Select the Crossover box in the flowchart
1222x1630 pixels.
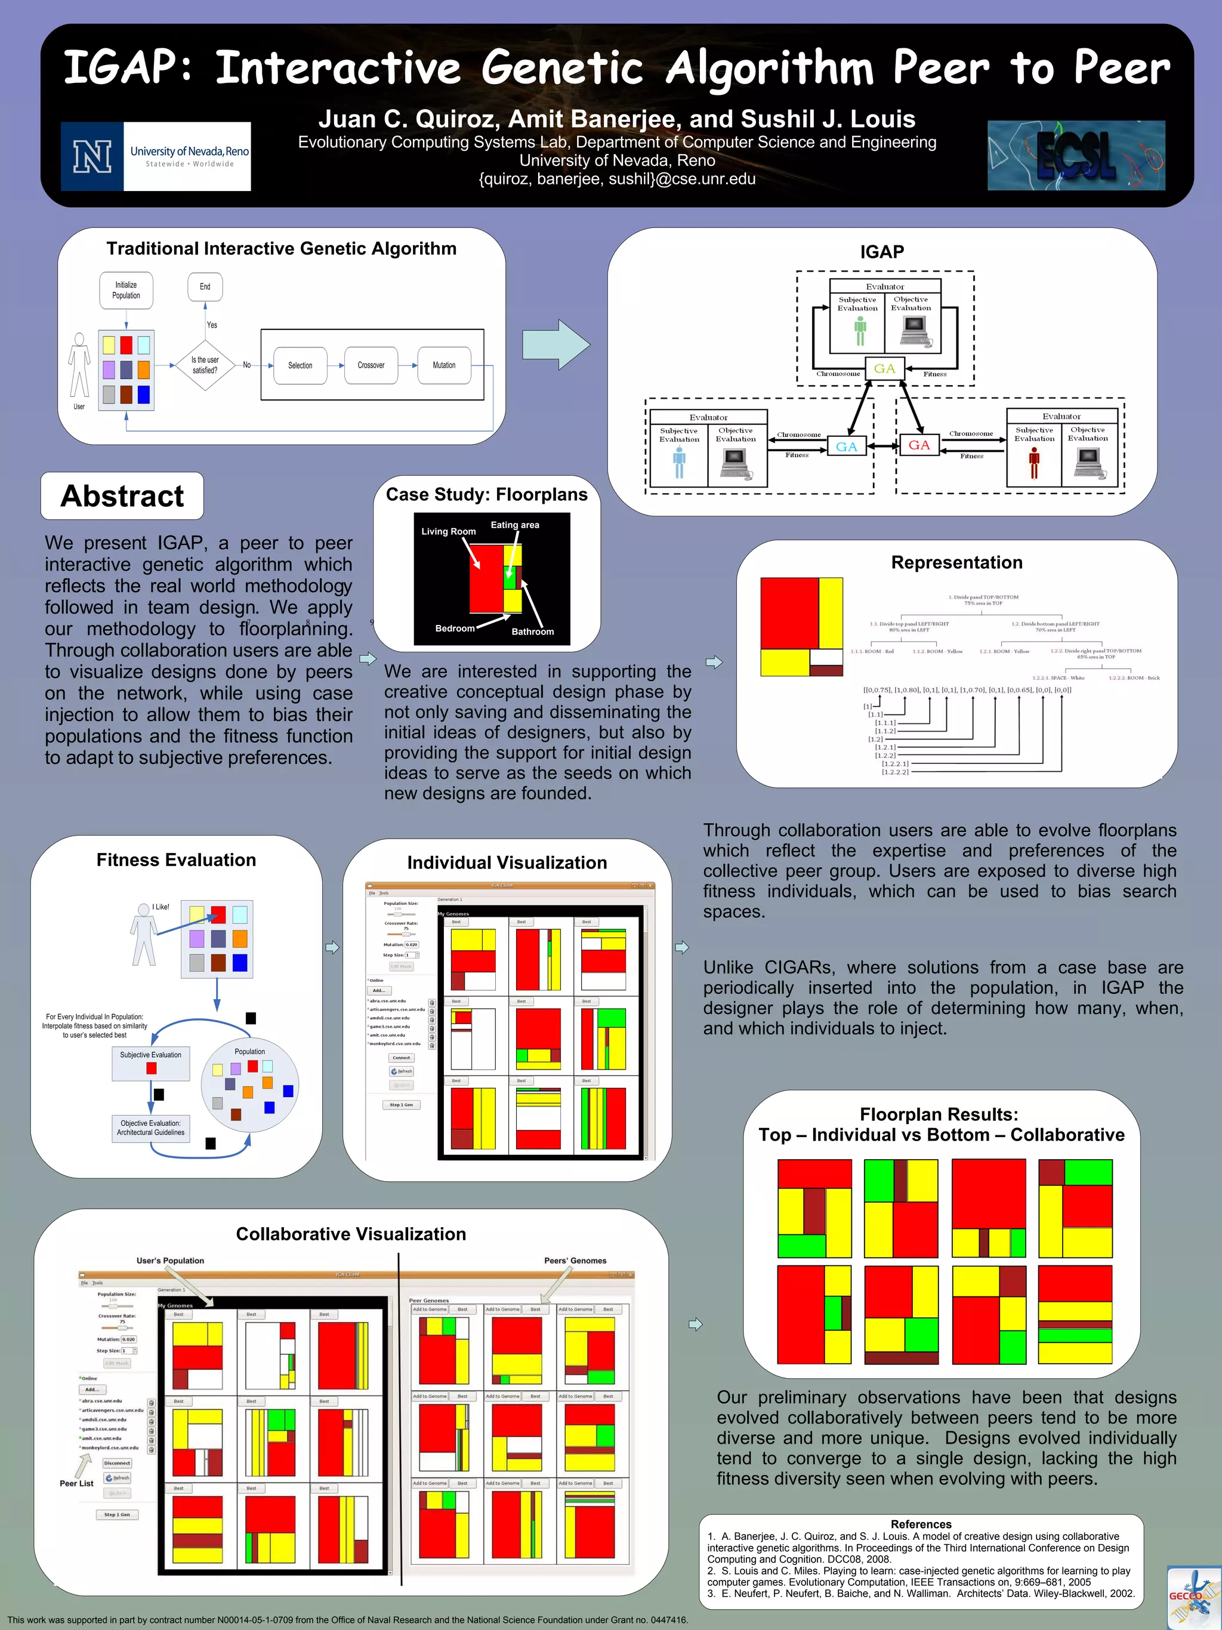[371, 365]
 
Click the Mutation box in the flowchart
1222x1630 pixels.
[443, 365]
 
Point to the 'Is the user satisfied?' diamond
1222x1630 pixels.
[205, 365]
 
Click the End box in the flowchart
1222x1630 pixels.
[205, 286]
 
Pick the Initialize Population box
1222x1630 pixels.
[126, 290]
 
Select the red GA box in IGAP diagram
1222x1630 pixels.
[918, 445]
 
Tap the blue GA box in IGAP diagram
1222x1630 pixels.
[846, 446]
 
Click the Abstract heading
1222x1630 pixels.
[122, 496]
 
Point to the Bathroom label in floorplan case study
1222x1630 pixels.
[533, 631]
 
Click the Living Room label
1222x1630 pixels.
[449, 531]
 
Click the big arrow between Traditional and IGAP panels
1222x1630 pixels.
[556, 344]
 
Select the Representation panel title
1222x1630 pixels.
[956, 562]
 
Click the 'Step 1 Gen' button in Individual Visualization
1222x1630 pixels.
[402, 1105]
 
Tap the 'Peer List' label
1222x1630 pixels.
[76, 1483]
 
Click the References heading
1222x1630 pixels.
[921, 1524]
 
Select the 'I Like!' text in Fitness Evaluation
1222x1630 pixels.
[161, 907]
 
